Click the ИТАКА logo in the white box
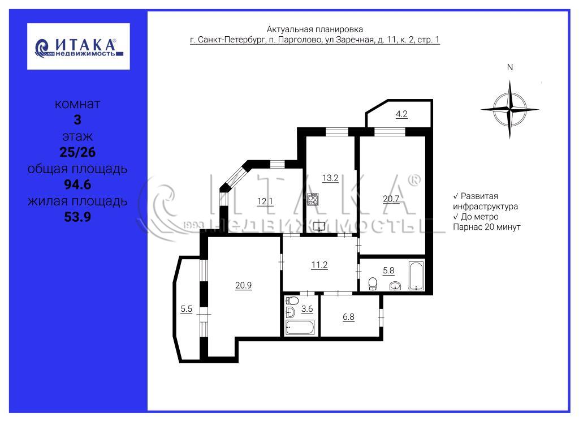(x=78, y=46)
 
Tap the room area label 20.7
(x=391, y=199)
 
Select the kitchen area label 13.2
(x=330, y=178)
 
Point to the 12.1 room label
(x=265, y=201)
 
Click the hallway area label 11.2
(x=319, y=265)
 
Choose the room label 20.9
(x=243, y=285)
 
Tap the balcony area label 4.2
(x=401, y=114)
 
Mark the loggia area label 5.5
(x=187, y=308)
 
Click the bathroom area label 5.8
(x=388, y=270)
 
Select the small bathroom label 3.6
(x=307, y=308)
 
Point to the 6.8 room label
(x=348, y=317)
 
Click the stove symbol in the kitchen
(x=312, y=199)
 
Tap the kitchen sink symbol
(x=319, y=226)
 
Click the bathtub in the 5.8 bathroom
(x=416, y=276)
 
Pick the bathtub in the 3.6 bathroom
(x=300, y=328)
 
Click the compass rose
(x=509, y=110)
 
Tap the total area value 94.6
(x=77, y=184)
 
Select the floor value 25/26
(x=77, y=152)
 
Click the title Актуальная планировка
(x=314, y=29)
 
